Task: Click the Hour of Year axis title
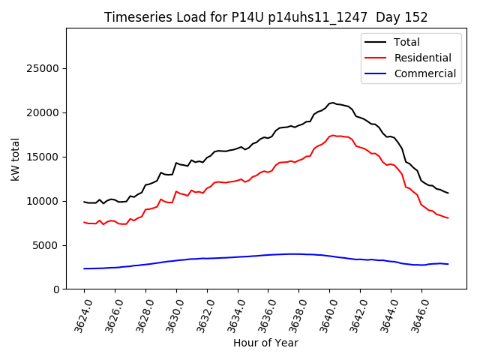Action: [x=265, y=343]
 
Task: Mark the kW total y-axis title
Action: [x=15, y=159]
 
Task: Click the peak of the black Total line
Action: [x=332, y=103]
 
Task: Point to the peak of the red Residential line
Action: [x=332, y=135]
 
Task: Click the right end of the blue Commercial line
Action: [x=448, y=264]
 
